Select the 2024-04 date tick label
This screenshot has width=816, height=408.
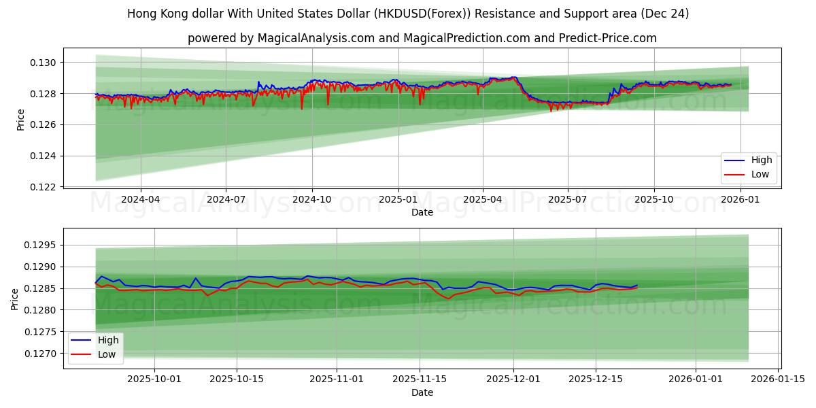coord(141,200)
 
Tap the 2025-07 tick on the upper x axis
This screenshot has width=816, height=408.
coord(567,200)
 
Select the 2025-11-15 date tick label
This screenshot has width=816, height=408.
coord(419,379)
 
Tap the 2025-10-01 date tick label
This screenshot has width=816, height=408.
coord(154,379)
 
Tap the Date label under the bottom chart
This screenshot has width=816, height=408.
coord(422,392)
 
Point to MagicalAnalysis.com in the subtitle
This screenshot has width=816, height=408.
coord(316,38)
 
